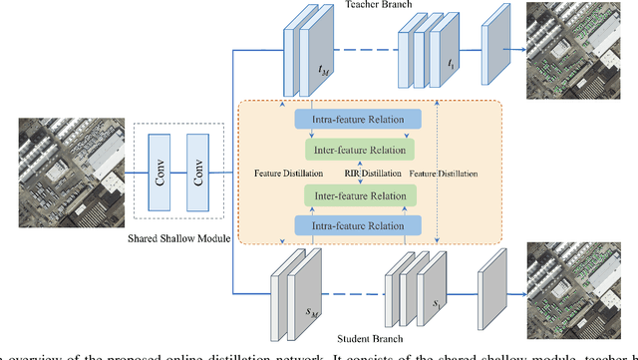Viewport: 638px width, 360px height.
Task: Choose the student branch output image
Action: (581, 291)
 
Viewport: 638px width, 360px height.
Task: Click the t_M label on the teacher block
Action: (321, 70)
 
